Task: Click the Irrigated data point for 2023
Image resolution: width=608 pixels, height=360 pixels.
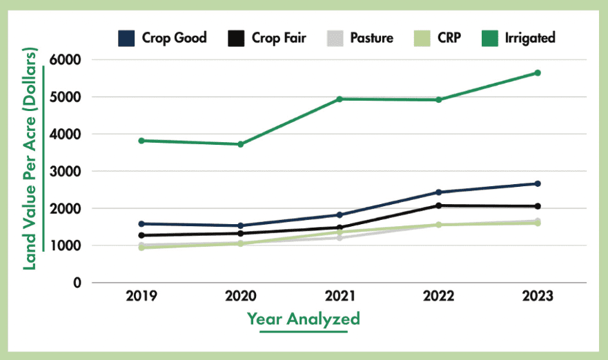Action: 538,72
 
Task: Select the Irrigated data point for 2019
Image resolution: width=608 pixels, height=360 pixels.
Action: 141,141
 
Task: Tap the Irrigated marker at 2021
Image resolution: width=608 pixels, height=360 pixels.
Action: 340,99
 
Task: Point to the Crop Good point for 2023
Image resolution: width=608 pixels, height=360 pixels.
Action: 538,183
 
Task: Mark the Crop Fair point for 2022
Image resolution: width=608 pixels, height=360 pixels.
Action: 438,206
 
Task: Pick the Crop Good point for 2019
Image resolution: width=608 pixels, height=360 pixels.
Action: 141,223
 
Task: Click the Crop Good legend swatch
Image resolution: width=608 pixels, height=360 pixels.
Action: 127,38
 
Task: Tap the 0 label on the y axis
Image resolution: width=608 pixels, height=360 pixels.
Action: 77,283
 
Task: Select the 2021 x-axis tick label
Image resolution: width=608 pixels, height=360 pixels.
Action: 340,297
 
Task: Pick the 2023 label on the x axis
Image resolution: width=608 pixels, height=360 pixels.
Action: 538,297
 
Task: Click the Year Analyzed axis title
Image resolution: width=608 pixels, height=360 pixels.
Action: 304,319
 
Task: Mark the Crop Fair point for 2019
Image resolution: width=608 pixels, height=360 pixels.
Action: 141,235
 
